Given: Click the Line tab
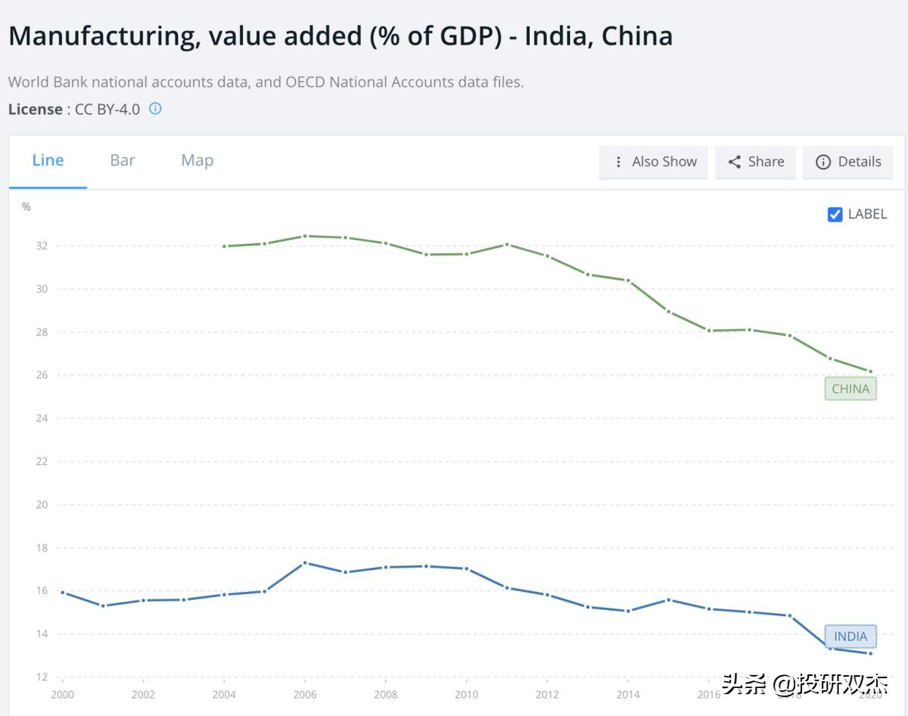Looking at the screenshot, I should click(x=48, y=160).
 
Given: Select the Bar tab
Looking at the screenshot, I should click(x=123, y=160).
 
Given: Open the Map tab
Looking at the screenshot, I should click(x=197, y=160).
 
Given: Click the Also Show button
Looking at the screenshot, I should click(x=654, y=162).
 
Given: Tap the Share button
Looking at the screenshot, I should click(x=755, y=162).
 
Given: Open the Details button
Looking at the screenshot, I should click(x=847, y=162).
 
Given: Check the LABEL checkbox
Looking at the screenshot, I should click(x=835, y=214).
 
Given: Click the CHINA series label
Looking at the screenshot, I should click(x=850, y=389).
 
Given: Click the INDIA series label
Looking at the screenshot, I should click(x=850, y=637).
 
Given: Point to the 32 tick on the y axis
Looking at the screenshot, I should click(x=42, y=246).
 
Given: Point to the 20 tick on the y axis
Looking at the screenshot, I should click(x=42, y=505).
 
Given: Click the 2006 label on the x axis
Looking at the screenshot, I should click(x=305, y=695).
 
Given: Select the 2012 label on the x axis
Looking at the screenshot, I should click(x=547, y=695).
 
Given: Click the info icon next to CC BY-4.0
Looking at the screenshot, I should click(x=155, y=108).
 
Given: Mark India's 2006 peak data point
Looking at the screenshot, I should click(x=305, y=563).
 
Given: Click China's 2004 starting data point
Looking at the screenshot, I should click(x=225, y=247).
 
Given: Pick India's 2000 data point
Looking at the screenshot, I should click(x=62, y=593).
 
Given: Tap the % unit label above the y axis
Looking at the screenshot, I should click(x=26, y=207).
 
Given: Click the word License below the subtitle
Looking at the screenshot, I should click(x=35, y=109).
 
